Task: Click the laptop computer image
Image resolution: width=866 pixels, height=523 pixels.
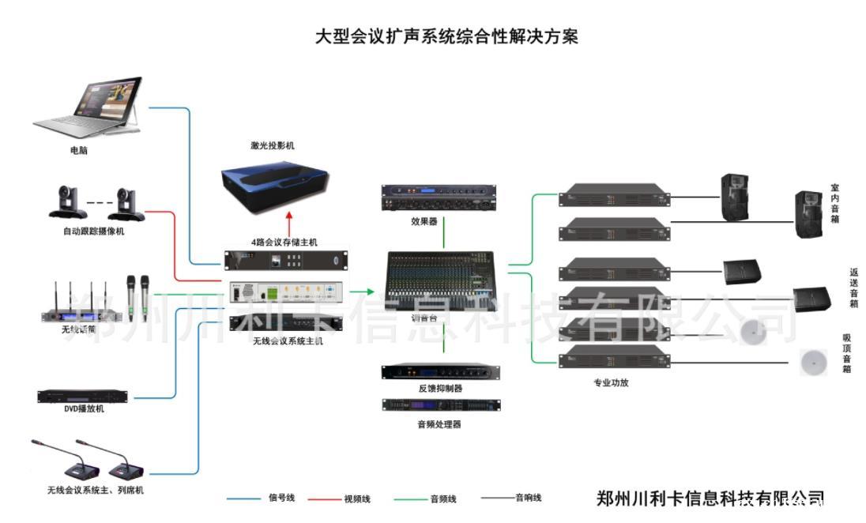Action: tap(91, 107)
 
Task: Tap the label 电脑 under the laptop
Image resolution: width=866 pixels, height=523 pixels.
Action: tap(79, 150)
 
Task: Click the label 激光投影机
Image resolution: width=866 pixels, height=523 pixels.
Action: tap(272, 146)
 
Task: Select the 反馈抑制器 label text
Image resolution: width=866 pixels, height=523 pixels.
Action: tap(440, 389)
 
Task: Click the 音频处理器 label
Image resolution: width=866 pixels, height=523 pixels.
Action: tap(439, 424)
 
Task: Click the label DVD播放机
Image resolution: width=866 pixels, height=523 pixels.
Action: tap(84, 409)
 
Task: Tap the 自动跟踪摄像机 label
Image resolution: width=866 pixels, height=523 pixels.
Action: tap(94, 231)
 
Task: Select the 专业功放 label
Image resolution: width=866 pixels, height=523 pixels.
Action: tap(611, 383)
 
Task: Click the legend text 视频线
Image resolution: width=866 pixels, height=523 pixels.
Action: tap(356, 499)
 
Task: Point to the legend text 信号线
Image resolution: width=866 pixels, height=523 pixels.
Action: tap(281, 499)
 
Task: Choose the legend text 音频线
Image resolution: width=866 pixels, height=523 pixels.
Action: tap(443, 499)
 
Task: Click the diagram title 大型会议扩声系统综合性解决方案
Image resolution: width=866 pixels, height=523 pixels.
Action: tap(446, 37)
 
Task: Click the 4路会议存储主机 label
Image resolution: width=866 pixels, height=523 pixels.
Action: tap(284, 243)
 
